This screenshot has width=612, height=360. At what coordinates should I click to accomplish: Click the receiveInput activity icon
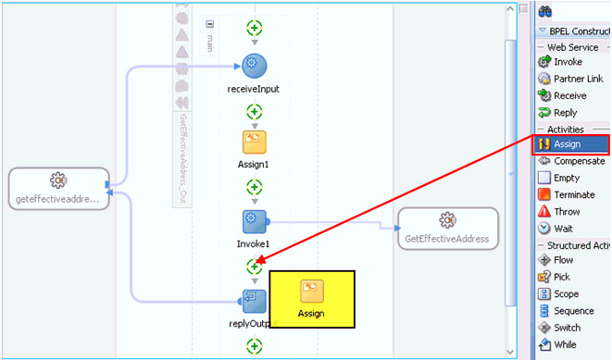pyautogui.click(x=254, y=65)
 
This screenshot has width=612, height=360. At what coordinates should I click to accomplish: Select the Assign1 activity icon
pyautogui.click(x=254, y=143)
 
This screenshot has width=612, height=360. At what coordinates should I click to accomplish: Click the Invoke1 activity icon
pyautogui.click(x=255, y=222)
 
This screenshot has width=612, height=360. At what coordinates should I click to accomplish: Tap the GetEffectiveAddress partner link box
pyautogui.click(x=447, y=227)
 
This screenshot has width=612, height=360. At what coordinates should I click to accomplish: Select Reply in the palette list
pyautogui.click(x=564, y=112)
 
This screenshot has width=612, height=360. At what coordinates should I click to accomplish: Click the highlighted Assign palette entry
pyautogui.click(x=567, y=144)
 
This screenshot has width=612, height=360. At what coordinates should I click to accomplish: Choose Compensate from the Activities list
pyautogui.click(x=578, y=161)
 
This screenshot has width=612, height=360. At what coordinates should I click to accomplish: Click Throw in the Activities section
pyautogui.click(x=566, y=211)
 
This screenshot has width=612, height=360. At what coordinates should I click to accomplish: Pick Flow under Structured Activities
pyautogui.click(x=562, y=260)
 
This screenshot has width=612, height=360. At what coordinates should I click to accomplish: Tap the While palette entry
pyautogui.click(x=564, y=344)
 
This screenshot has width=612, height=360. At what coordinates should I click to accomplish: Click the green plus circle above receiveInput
pyautogui.click(x=254, y=28)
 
